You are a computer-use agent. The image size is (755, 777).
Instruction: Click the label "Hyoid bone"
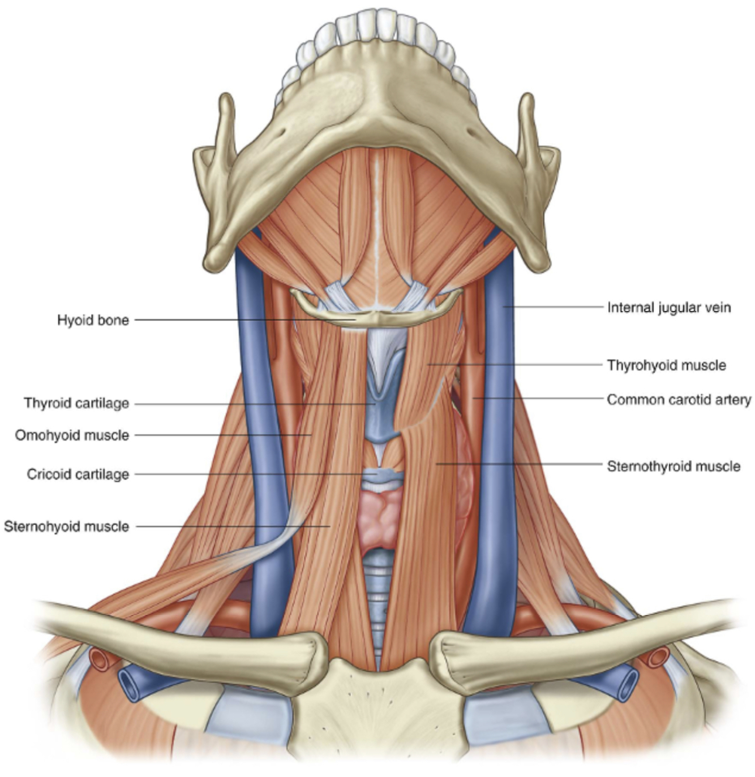(93, 320)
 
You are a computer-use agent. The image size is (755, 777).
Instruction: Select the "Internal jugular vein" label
(669, 308)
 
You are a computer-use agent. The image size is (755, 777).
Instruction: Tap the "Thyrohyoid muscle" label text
(666, 365)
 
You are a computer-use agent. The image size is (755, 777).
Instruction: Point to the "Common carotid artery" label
(679, 400)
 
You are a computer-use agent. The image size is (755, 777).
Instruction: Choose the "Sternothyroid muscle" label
(674, 467)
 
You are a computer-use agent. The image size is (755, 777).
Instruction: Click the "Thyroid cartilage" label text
(76, 403)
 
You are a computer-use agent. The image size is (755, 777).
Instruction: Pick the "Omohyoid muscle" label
(72, 435)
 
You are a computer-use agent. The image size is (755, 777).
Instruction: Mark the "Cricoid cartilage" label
(78, 474)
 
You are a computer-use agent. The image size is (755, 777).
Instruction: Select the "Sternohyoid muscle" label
(66, 526)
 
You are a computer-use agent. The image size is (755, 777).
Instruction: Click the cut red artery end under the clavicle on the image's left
(100, 659)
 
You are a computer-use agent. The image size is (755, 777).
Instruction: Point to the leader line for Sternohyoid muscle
(232, 526)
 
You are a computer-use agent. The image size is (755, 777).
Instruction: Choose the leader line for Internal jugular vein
(555, 307)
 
